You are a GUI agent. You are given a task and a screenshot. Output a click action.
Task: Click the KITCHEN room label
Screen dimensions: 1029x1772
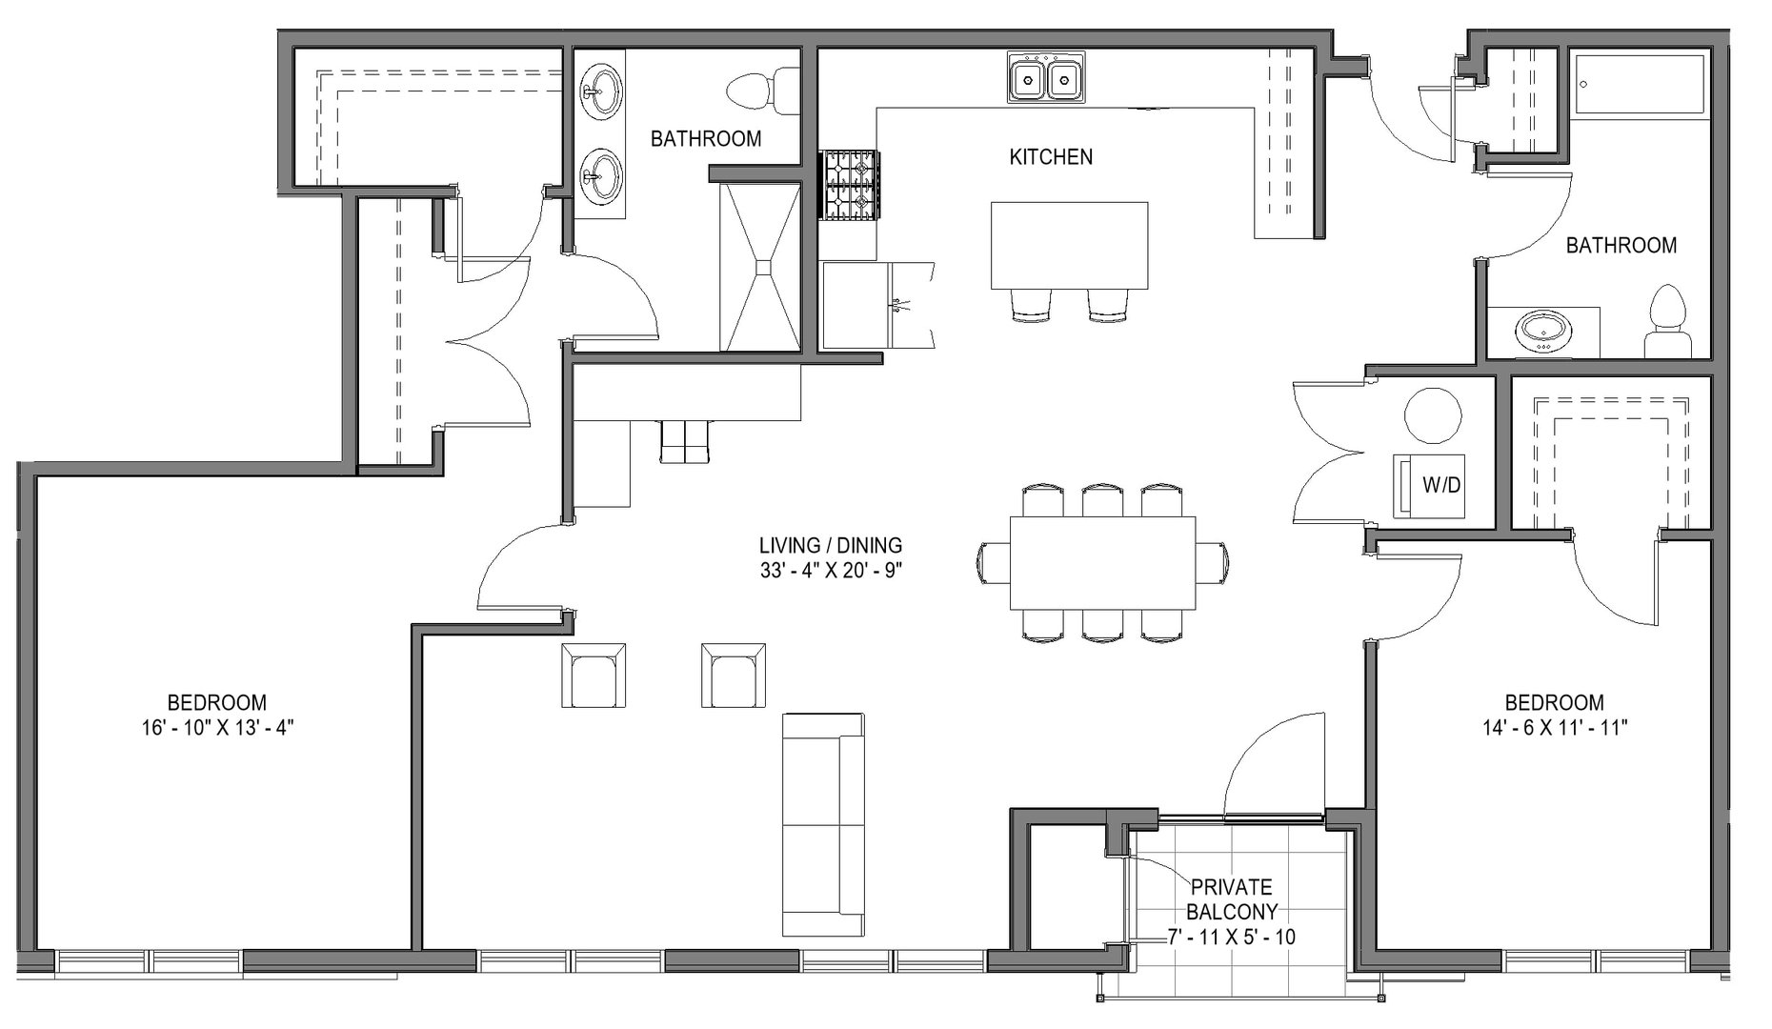(x=1051, y=157)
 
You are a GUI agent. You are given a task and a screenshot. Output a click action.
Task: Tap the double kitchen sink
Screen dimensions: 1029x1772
(x=1046, y=77)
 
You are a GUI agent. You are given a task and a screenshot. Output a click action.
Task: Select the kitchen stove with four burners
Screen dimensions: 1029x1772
(x=850, y=186)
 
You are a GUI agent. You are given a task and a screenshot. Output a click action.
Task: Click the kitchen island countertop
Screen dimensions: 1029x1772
(x=1069, y=244)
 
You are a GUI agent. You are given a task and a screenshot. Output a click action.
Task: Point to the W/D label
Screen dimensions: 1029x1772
(x=1440, y=485)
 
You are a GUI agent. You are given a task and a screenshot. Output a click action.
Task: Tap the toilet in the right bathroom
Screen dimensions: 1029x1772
(x=1668, y=322)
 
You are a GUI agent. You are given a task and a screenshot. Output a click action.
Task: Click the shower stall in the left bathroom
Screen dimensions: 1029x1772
(x=760, y=267)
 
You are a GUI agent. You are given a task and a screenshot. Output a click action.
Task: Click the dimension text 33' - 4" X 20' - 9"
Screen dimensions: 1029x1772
(x=830, y=571)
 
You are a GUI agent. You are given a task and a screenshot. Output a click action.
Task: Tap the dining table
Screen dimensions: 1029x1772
(x=1102, y=562)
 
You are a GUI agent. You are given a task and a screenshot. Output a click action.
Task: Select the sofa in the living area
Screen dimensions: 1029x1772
(x=823, y=824)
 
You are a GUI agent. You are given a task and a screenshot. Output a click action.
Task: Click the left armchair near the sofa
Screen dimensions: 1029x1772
(x=594, y=676)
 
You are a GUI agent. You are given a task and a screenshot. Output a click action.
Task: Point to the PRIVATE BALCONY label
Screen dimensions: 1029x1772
(x=1231, y=898)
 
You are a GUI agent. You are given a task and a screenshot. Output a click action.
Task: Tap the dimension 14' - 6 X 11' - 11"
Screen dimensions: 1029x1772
(x=1553, y=728)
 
